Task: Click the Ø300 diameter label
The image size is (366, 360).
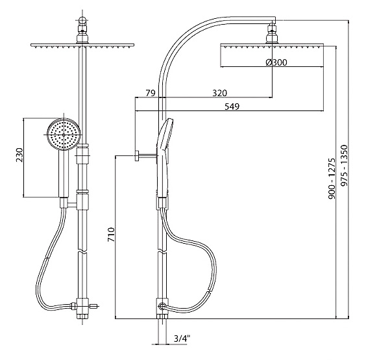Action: [x=276, y=62]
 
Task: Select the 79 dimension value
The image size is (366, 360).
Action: [x=151, y=93]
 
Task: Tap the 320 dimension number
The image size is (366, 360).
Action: [x=219, y=93]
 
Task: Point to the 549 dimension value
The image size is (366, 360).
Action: [x=232, y=107]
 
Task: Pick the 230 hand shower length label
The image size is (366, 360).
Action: [x=19, y=155]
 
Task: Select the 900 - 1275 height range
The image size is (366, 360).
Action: [x=332, y=179]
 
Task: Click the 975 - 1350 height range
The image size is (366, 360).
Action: [x=344, y=166]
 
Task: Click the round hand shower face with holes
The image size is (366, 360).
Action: [x=64, y=135]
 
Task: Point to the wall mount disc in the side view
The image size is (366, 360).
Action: [x=136, y=156]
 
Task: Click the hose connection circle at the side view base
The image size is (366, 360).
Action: [x=162, y=305]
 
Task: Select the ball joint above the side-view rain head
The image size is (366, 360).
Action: [x=272, y=34]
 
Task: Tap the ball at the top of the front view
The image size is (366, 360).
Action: [x=82, y=21]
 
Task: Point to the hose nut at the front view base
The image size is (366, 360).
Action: [x=73, y=306]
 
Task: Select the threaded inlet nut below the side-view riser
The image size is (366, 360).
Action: [x=162, y=316]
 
